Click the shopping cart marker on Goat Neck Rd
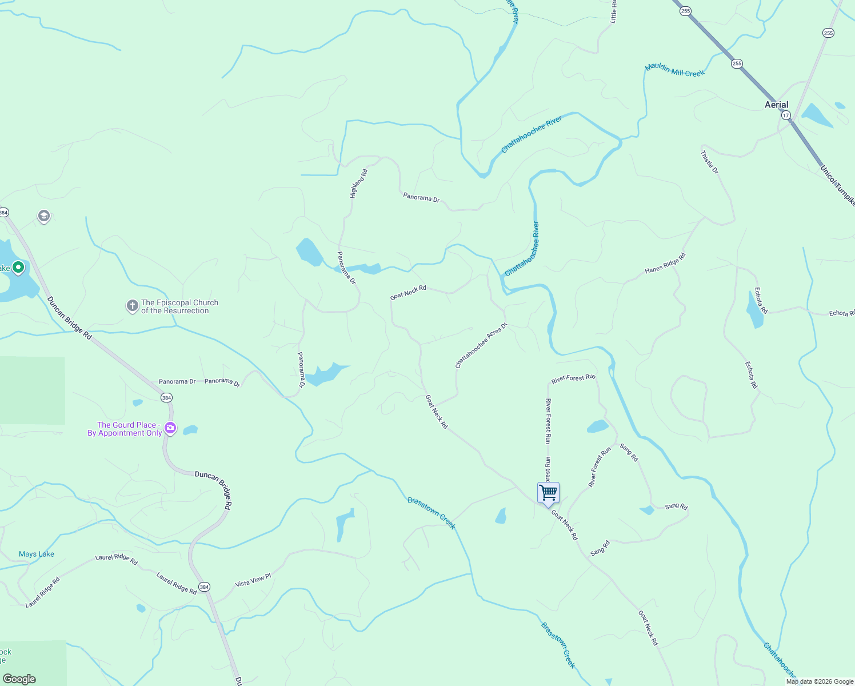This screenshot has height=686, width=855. (548, 493)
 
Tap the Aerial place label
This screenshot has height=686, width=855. (776, 105)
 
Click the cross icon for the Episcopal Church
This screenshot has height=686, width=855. (132, 306)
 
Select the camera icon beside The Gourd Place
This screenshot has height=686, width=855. (170, 428)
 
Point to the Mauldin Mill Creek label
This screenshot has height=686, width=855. (674, 70)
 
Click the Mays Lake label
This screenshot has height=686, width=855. (37, 554)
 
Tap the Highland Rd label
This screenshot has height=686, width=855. (358, 184)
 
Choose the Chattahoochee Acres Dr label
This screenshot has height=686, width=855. (481, 346)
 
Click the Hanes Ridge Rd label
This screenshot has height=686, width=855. (665, 263)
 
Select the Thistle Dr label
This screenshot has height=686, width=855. (709, 162)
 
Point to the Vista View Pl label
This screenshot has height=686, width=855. (253, 581)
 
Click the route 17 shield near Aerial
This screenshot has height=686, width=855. (786, 115)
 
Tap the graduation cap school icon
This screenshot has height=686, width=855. (43, 216)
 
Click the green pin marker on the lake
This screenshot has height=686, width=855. (18, 267)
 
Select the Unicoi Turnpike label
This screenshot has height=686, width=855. (837, 185)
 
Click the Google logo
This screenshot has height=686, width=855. (19, 679)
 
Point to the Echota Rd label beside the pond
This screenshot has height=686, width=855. (761, 300)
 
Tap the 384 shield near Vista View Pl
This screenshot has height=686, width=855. (204, 587)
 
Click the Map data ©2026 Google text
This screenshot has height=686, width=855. (819, 681)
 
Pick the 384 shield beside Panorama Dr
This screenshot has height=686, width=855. (166, 397)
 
